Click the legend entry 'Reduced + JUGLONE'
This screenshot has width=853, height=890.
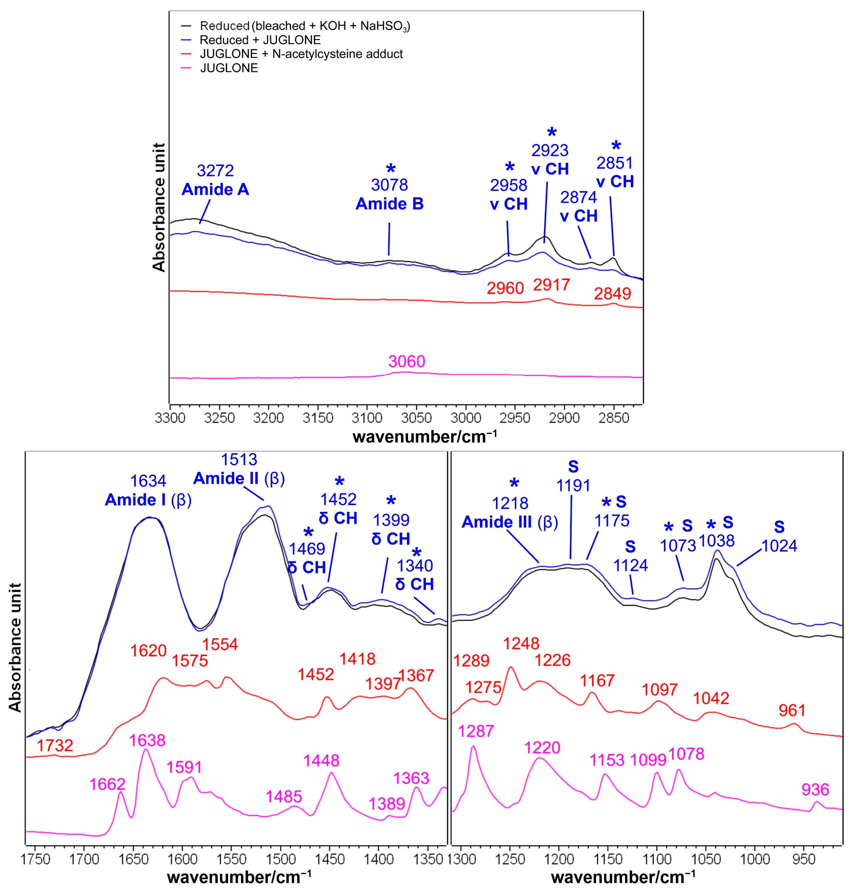coord(260,40)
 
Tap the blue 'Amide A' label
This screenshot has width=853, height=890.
coord(215,189)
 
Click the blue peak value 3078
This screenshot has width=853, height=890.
coord(389,185)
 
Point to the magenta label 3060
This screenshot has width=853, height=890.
coord(407,361)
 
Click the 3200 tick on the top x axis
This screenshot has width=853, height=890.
coord(268,417)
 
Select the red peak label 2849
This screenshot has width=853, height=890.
coord(612,294)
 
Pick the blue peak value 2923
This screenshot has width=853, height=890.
coord(550,150)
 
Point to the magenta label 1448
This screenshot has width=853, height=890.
coord(321,760)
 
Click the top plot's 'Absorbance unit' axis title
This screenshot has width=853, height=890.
coord(158,207)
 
